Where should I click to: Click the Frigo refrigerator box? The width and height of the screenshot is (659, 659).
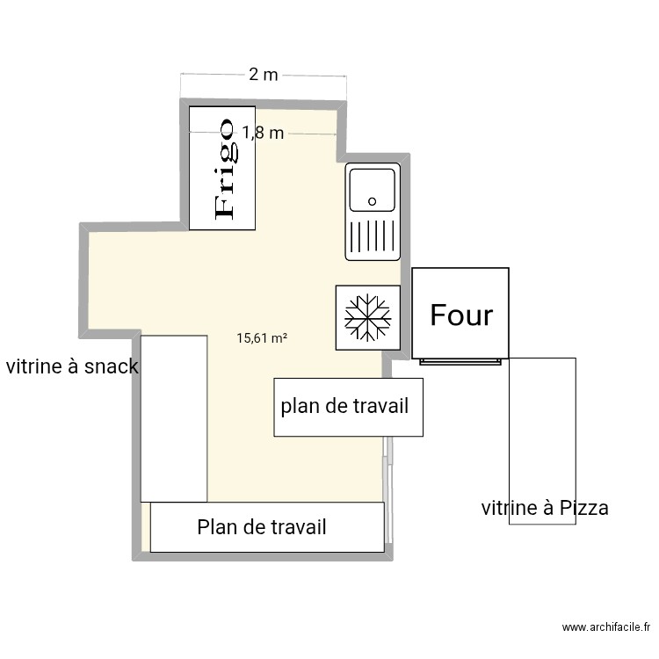[222, 168]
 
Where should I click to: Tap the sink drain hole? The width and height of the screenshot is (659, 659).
[372, 201]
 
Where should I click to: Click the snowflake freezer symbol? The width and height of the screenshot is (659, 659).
[368, 317]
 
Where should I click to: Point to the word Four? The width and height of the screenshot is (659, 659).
[461, 315]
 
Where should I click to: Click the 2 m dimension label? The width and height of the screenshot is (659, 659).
[264, 75]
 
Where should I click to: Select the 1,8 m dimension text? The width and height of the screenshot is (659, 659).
[263, 133]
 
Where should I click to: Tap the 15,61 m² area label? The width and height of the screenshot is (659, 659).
[262, 338]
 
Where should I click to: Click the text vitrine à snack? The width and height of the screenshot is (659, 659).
[72, 366]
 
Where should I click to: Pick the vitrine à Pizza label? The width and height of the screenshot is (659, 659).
[545, 508]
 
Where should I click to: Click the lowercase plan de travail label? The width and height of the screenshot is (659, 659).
[344, 406]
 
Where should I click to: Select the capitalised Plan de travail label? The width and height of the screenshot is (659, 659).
[262, 527]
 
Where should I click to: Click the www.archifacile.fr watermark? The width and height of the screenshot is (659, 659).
[606, 627]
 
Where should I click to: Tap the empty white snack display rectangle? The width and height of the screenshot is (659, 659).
[174, 418]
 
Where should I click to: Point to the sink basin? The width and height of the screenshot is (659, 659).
[373, 190]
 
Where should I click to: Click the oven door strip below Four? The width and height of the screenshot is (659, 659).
[460, 361]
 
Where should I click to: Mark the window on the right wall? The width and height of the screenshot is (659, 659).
[387, 489]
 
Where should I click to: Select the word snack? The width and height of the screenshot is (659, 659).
[111, 366]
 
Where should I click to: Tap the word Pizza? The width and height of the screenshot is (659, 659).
[583, 508]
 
